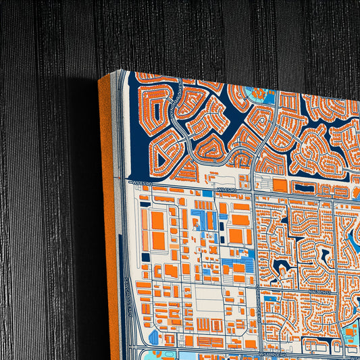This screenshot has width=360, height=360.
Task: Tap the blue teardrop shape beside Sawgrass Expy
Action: coord(153,337)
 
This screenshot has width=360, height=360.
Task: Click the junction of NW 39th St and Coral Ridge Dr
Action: coord(255,290)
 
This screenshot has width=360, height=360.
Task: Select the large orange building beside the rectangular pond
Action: coord(281,185)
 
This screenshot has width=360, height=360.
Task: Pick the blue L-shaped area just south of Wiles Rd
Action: coord(203,217)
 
